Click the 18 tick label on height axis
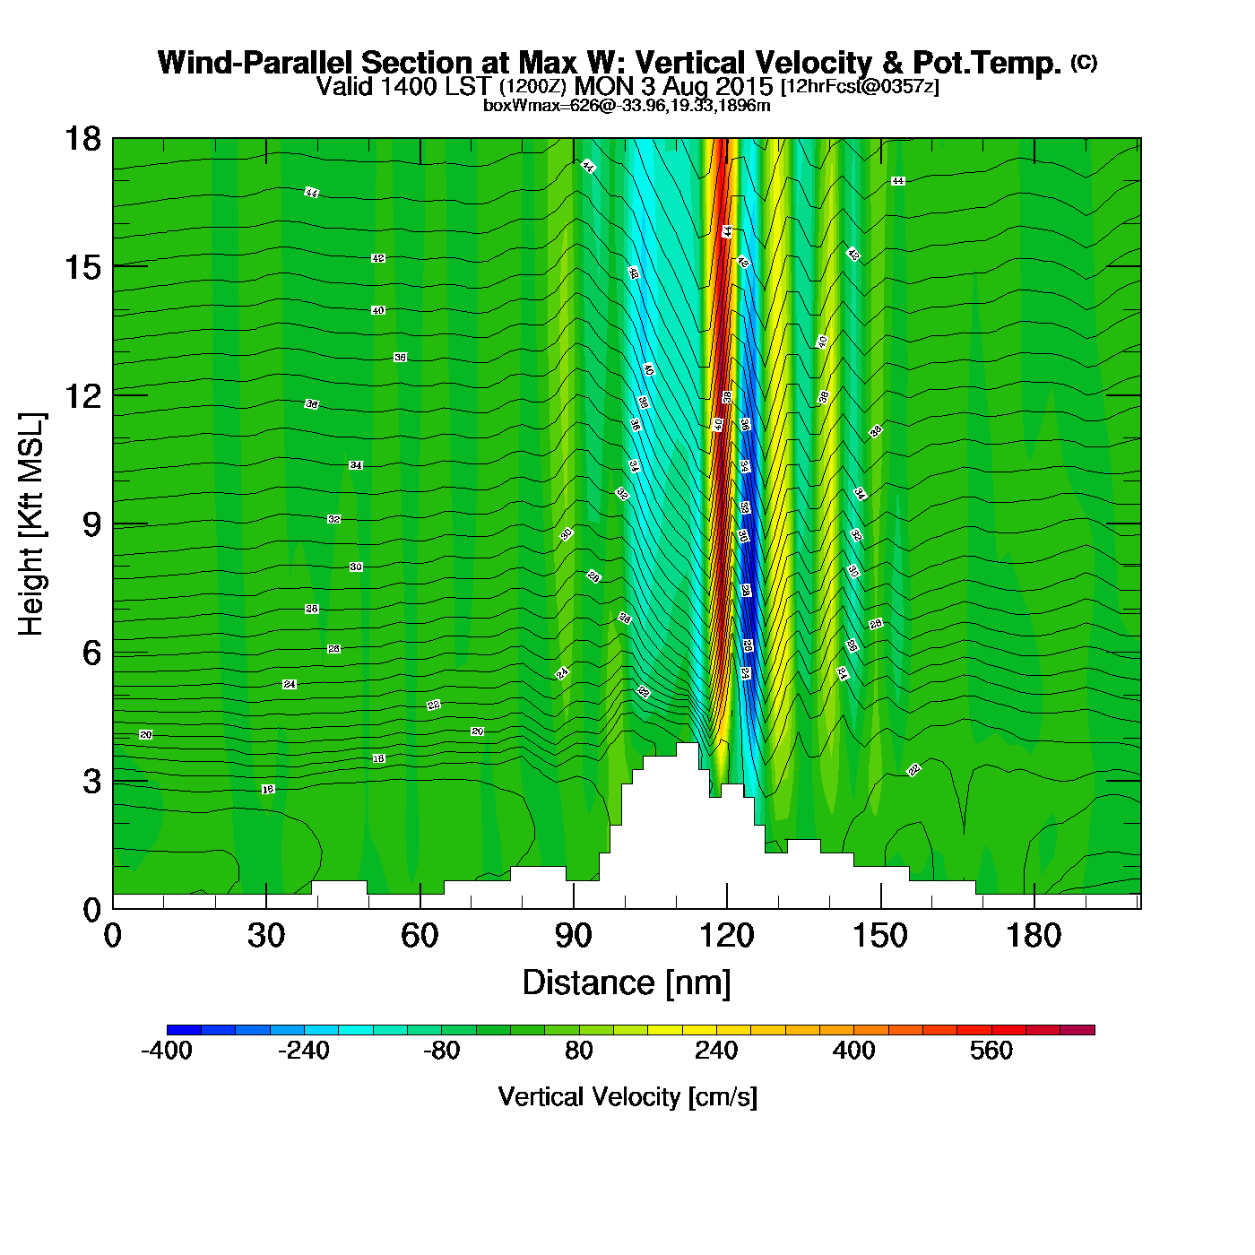click(82, 139)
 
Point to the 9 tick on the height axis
click(93, 524)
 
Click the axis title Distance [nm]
click(627, 983)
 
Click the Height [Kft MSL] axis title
click(31, 524)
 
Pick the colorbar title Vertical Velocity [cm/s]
click(627, 1097)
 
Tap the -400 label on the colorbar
click(167, 1051)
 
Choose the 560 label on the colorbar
click(991, 1051)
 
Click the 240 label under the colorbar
click(716, 1051)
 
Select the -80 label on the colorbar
click(441, 1051)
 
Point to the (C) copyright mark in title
click(1083, 62)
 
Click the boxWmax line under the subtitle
click(627, 106)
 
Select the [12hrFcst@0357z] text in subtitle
click(860, 87)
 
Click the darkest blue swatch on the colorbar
click(184, 1030)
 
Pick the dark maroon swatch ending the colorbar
click(1077, 1030)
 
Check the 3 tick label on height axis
click(92, 782)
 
